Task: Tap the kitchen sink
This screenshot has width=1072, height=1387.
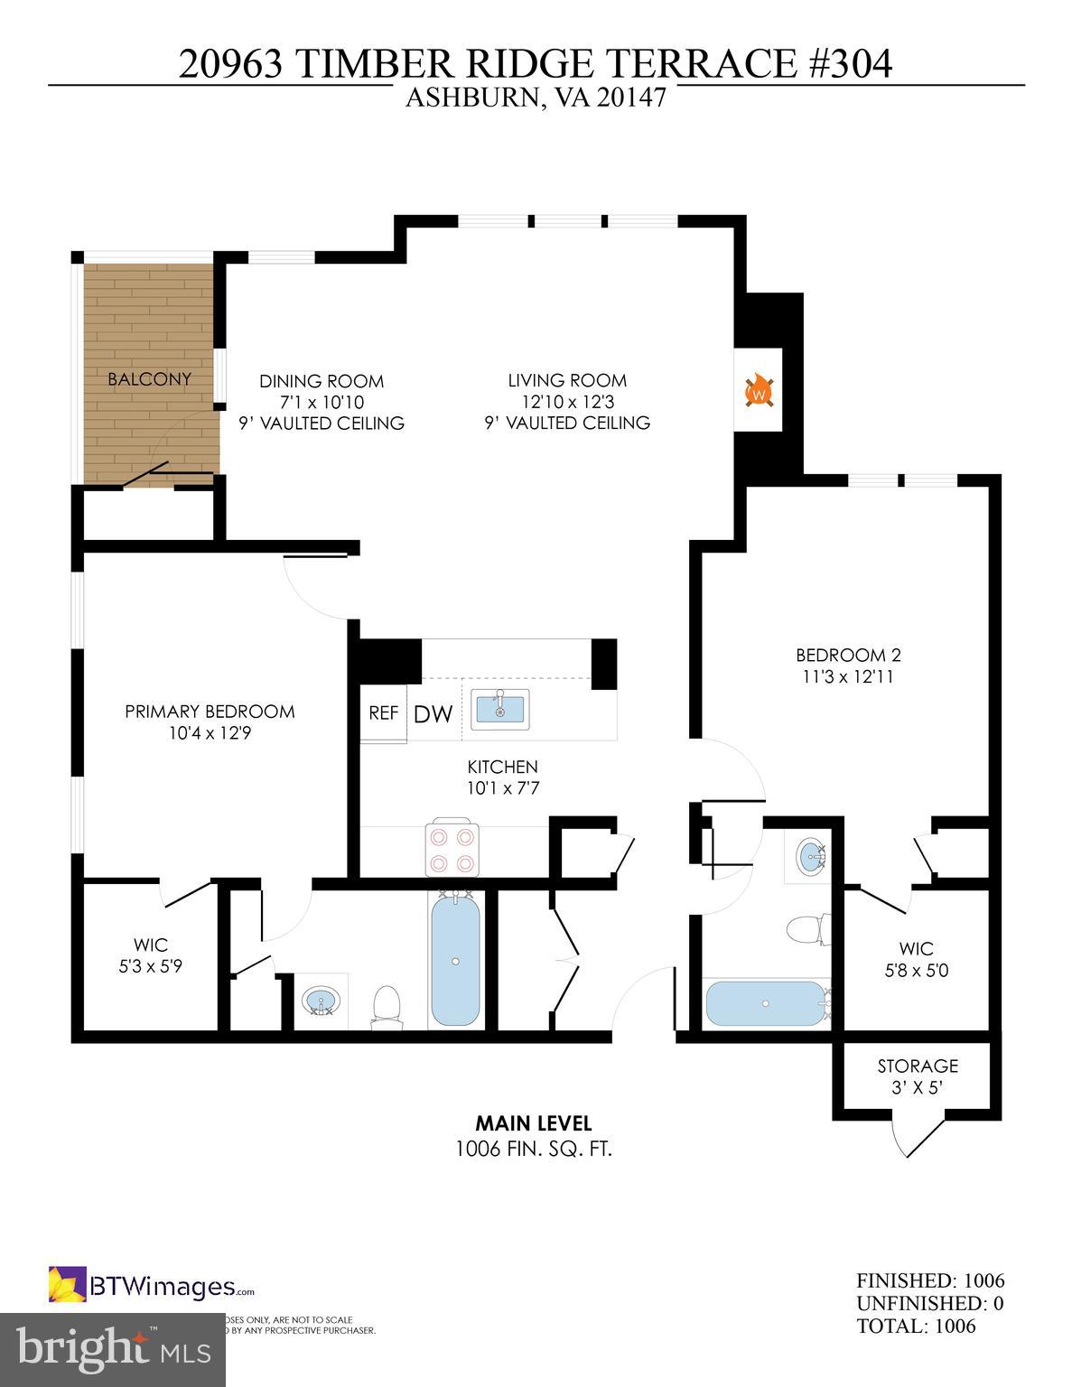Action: point(501,706)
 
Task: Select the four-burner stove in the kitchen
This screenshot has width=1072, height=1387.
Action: point(452,849)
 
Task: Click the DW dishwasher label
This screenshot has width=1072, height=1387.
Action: point(433,714)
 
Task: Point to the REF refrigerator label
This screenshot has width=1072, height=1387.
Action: point(383,712)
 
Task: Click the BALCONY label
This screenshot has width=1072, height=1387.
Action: point(149,379)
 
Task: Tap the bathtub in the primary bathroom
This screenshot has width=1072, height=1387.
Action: point(455,960)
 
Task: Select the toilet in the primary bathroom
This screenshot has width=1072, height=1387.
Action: point(387,1004)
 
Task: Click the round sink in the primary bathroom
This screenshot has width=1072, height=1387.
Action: point(322,1001)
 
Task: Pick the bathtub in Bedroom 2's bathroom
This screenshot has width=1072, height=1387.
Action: point(765,1003)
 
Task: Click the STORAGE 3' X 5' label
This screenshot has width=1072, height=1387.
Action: point(918,1076)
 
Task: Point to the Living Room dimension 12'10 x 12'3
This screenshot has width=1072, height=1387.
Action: point(566,402)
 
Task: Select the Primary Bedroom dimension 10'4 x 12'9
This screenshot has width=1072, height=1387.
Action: point(210,733)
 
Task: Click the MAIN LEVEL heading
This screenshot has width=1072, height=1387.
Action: point(534,1123)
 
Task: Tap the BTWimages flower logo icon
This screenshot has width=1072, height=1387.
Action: point(67,1285)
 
